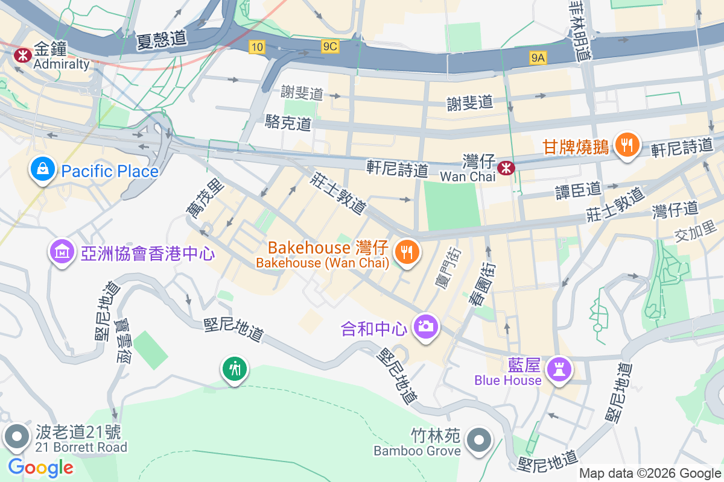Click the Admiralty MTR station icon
(23, 55)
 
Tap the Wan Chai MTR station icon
(506, 167)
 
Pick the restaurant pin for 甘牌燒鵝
(627, 145)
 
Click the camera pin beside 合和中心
(425, 327)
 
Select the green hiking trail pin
(233, 368)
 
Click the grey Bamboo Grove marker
(479, 439)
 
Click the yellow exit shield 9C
(330, 46)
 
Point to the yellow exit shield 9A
(538, 57)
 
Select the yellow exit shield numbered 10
(257, 46)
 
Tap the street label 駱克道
(288, 124)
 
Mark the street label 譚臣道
(578, 190)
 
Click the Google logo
(40, 467)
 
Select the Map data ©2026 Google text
(650, 474)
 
